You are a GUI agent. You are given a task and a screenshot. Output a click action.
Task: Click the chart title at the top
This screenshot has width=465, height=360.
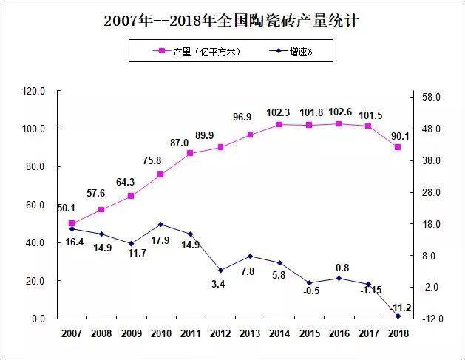tap(232, 21)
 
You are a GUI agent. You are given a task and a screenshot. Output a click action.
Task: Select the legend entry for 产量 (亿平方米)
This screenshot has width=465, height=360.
tap(195, 51)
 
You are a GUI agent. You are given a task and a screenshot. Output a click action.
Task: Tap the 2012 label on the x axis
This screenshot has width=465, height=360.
tap(220, 333)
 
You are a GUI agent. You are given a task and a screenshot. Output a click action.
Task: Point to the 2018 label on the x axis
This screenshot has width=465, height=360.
tap(398, 333)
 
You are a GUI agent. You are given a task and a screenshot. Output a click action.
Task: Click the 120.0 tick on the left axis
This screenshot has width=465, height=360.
tap(34, 91)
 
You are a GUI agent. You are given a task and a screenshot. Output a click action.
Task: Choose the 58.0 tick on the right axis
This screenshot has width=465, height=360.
tap(430, 97)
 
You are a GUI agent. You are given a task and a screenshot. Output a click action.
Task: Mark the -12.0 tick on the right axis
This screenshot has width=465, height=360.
tap(430, 319)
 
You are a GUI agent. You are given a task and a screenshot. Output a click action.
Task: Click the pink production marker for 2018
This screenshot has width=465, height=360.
tap(398, 147)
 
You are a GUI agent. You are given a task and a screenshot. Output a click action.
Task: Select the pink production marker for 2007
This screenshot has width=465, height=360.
tap(72, 223)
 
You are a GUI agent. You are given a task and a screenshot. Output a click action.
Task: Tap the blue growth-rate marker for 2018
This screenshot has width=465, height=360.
tap(398, 316)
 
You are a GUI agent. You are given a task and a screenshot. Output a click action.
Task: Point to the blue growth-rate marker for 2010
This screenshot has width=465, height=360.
tap(160, 224)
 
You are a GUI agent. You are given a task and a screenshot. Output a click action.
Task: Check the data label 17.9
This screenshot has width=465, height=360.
tap(161, 240)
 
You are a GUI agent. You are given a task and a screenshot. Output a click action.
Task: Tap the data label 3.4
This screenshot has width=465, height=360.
tap(219, 284)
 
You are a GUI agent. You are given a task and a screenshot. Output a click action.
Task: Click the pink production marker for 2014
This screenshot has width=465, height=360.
tap(279, 124)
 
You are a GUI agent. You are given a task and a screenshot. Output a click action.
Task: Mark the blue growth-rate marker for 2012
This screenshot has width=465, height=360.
tap(220, 271)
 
